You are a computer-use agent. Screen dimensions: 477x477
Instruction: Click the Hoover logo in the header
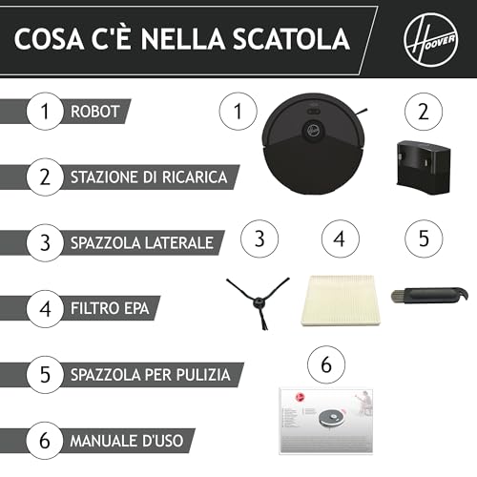[x=431, y=39]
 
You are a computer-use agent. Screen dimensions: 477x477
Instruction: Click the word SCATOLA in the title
[x=291, y=39]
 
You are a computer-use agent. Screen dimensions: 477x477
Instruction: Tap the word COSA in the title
[x=50, y=39]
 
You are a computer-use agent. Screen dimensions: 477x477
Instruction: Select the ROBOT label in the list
[x=94, y=112]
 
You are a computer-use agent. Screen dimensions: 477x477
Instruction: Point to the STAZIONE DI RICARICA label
[x=149, y=177]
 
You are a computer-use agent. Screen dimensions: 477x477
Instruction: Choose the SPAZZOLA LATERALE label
[x=142, y=243]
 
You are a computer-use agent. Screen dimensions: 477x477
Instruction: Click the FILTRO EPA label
[x=110, y=308]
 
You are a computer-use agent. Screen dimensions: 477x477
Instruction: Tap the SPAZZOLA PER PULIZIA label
[x=150, y=375]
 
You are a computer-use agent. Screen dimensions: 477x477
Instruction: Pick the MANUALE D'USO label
[x=127, y=441]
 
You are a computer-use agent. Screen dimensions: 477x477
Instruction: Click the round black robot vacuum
[x=314, y=144]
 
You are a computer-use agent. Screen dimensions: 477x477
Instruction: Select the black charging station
[x=424, y=167]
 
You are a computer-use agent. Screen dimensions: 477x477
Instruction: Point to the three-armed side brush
[x=258, y=302]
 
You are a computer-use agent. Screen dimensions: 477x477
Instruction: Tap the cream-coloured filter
[x=341, y=301]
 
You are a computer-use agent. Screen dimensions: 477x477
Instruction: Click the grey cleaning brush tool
[x=429, y=295]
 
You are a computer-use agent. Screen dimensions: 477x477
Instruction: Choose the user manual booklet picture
[x=325, y=421]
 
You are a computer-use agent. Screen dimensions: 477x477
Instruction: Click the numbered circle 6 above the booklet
[x=326, y=364]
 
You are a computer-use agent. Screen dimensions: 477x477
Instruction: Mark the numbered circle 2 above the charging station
[x=424, y=112]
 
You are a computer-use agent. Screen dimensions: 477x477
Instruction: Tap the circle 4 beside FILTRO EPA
[x=45, y=309]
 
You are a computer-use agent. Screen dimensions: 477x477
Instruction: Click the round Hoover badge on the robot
[x=314, y=129]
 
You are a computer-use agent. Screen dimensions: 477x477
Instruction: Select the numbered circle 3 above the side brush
[x=259, y=238]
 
